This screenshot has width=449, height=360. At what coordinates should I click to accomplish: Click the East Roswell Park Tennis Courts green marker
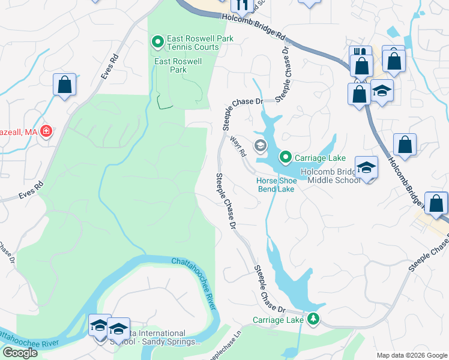157,43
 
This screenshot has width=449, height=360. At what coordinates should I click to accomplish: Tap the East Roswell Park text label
178,65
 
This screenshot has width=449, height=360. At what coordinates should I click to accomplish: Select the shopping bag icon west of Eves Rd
64,85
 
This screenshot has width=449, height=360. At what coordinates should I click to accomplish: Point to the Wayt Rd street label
238,146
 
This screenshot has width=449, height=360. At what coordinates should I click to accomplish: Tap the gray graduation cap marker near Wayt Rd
260,145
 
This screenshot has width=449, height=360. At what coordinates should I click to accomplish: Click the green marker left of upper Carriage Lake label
286,158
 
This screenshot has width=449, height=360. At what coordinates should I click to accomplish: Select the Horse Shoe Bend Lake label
275,185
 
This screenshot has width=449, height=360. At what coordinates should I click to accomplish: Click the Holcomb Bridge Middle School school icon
366,168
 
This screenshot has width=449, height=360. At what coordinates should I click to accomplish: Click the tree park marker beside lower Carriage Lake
312,319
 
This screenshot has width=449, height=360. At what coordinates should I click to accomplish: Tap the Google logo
20,353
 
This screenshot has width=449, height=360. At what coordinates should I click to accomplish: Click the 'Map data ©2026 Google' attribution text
412,355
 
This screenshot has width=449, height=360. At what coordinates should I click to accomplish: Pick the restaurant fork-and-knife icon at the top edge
243,5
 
